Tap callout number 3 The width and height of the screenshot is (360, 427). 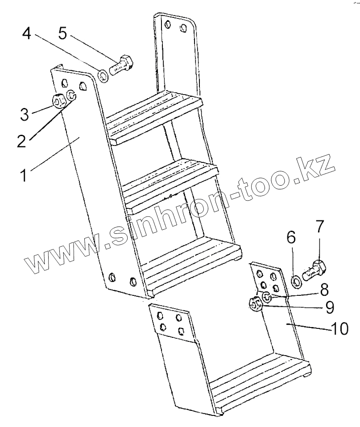tap(25, 114)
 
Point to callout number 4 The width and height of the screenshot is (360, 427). tap(27, 34)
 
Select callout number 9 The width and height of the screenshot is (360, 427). tap(329, 307)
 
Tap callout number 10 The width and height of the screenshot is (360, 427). tap(340, 329)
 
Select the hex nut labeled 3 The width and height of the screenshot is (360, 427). tap(58, 101)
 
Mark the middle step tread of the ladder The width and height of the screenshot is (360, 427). tap(170, 183)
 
